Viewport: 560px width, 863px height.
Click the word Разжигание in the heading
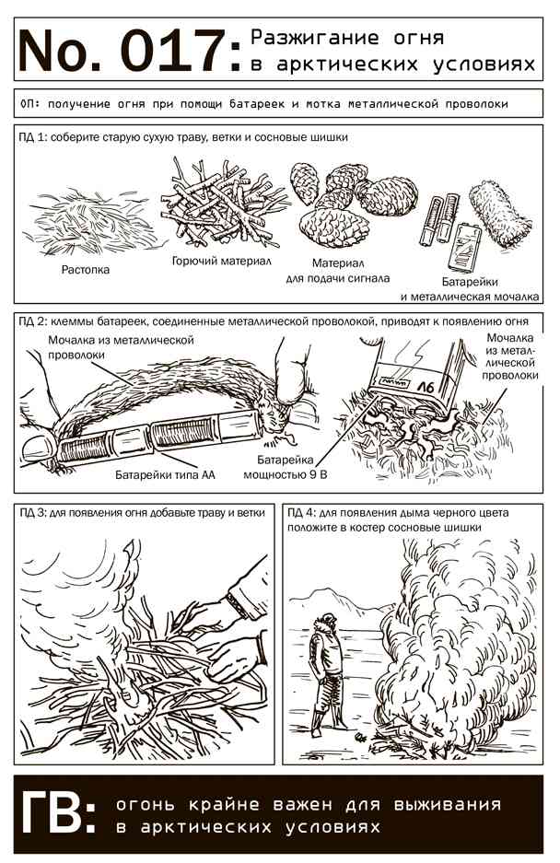pos(315,38)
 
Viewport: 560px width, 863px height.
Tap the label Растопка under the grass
pos(86,270)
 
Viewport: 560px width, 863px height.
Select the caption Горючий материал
pos(221,261)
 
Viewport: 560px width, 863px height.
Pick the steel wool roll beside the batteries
pos(500,215)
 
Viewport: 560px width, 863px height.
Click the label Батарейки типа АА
pos(165,474)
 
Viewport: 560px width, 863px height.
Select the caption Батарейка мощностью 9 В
pos(286,467)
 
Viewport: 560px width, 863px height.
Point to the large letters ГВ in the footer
pos(58,813)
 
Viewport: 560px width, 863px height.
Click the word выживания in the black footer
pos(447,805)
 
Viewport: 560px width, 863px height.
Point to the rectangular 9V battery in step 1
pos(463,249)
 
